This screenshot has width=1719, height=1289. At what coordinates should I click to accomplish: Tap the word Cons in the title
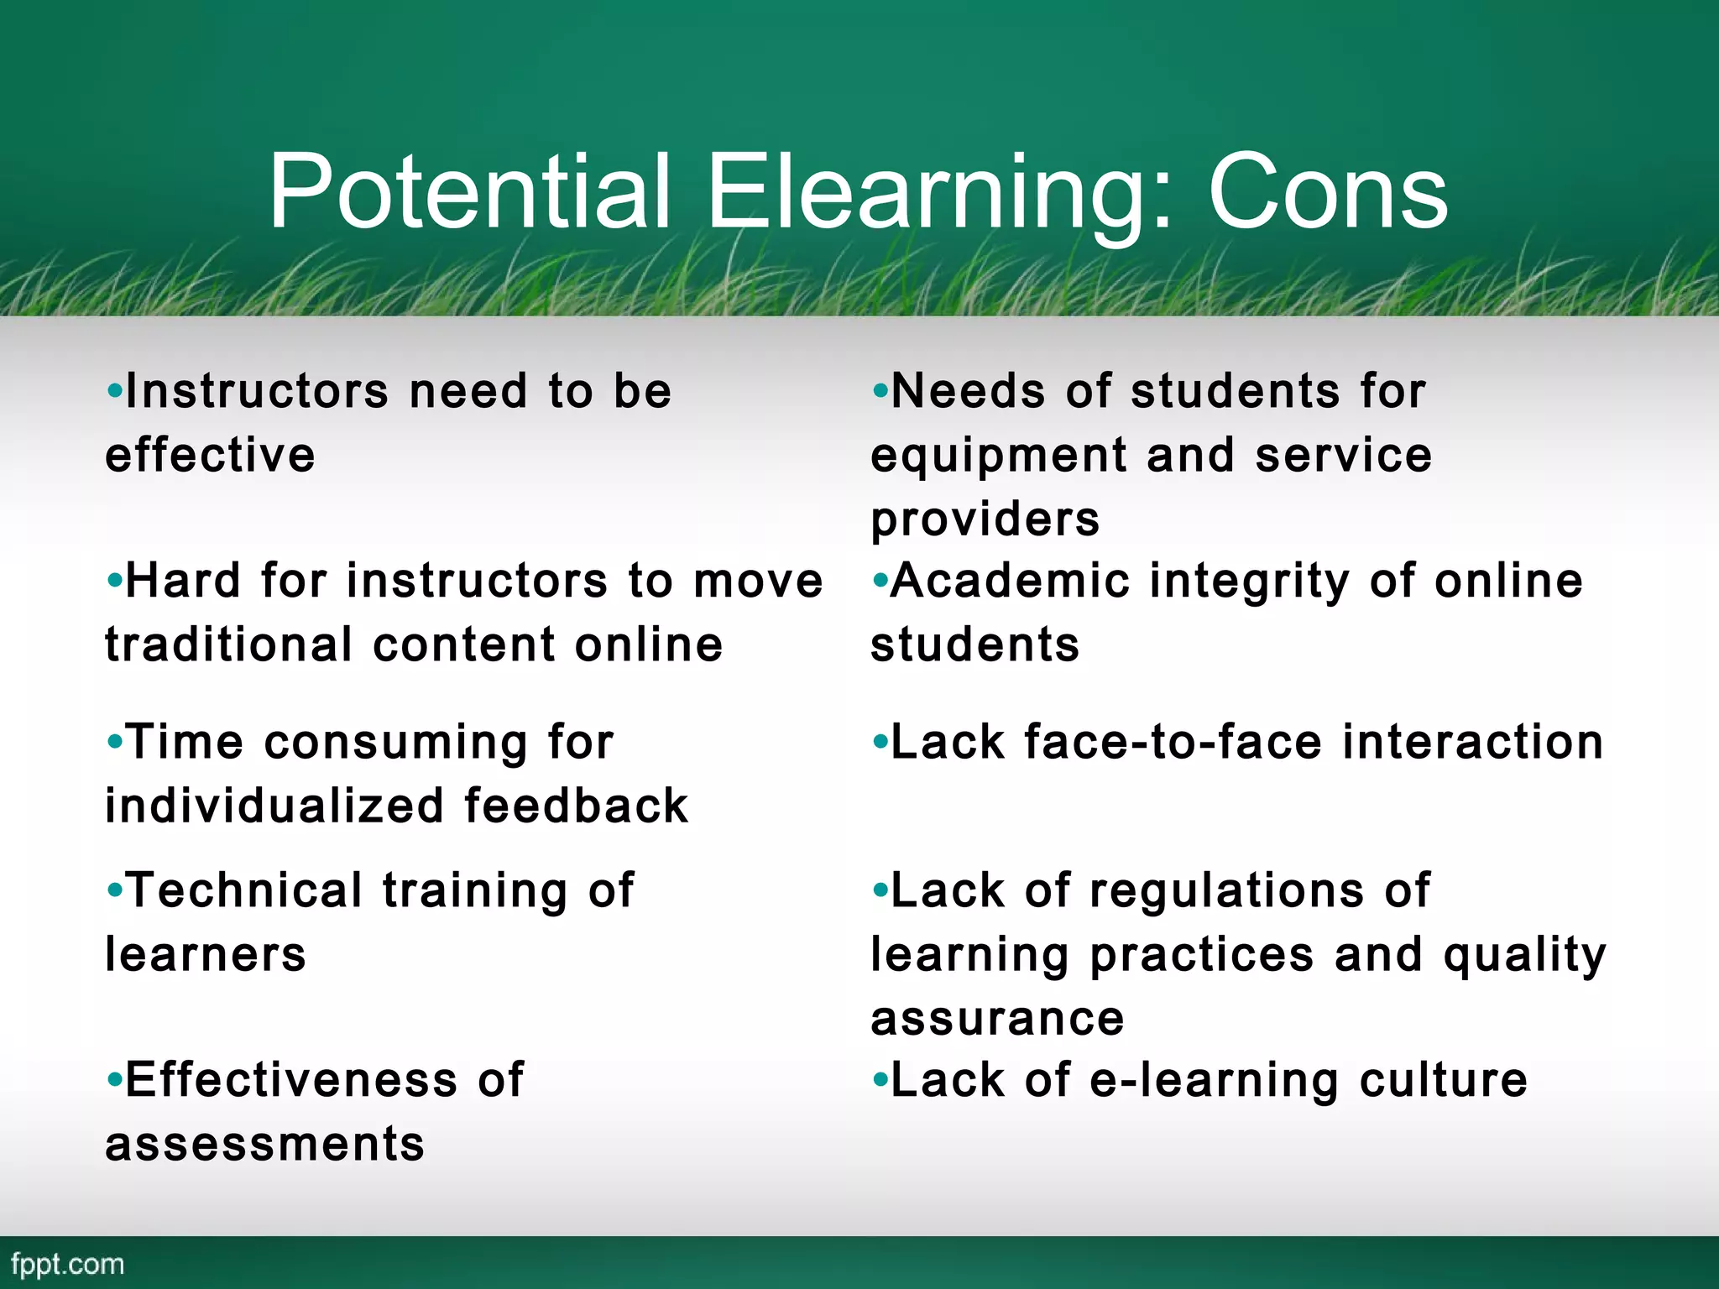1327,193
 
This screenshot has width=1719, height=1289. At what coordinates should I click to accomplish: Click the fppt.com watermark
68,1264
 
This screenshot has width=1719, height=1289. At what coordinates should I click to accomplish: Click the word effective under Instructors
210,456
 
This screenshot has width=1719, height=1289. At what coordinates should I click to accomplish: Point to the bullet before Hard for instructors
114,581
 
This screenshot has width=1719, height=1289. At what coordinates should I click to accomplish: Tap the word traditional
228,644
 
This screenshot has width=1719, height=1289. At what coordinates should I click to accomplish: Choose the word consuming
395,744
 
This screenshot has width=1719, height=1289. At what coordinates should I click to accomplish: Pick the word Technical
244,890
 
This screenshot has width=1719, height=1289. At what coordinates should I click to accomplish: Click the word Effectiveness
291,1079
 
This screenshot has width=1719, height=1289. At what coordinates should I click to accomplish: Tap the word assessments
264,1144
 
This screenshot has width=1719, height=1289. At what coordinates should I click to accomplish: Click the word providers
985,519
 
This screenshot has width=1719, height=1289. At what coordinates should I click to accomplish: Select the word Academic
1010,581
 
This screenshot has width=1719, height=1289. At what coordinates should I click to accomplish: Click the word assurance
997,1019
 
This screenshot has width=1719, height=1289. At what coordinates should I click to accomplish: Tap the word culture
1443,1079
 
